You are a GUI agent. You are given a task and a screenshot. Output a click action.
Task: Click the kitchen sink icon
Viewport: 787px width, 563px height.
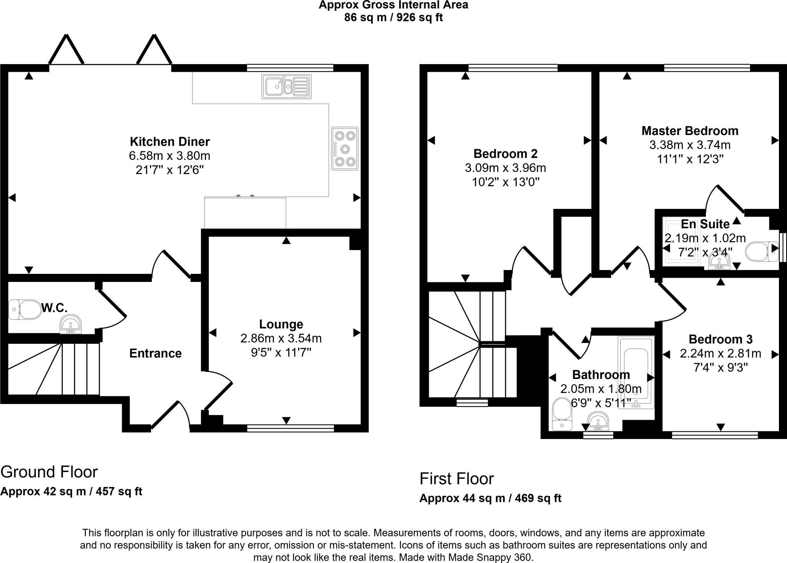click(286, 87)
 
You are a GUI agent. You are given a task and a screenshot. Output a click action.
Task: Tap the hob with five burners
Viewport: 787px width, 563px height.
click(345, 149)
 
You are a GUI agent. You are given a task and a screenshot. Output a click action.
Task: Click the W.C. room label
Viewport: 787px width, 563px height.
click(54, 308)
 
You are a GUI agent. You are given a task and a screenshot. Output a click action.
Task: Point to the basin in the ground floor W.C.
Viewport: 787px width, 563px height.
click(71, 325)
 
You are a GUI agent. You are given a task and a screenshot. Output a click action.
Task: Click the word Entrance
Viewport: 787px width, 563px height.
click(155, 353)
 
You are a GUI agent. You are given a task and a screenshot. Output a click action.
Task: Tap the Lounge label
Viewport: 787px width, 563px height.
click(281, 324)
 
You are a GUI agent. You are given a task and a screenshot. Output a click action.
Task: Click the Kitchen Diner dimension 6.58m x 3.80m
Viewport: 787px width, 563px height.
click(169, 156)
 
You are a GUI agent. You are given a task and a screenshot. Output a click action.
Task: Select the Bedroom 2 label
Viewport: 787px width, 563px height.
click(505, 154)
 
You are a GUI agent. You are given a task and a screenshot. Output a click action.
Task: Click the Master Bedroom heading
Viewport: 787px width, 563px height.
click(690, 131)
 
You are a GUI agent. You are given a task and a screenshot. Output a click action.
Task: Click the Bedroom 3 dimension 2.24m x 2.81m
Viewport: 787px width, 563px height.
click(720, 353)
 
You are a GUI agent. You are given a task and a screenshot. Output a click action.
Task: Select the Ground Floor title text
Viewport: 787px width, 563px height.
click(49, 472)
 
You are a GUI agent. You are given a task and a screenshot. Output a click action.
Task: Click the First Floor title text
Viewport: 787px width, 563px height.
click(457, 479)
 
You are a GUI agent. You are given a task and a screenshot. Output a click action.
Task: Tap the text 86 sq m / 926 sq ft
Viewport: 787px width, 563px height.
click(393, 18)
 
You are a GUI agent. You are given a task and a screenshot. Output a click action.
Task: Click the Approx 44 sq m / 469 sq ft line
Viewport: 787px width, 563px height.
click(490, 498)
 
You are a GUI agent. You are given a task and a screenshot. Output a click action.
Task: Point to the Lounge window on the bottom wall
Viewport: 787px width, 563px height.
click(291, 429)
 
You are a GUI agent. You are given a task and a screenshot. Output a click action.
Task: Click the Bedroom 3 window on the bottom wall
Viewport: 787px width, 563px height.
click(715, 435)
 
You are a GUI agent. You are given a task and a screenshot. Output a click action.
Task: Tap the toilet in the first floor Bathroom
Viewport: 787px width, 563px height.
click(562, 414)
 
